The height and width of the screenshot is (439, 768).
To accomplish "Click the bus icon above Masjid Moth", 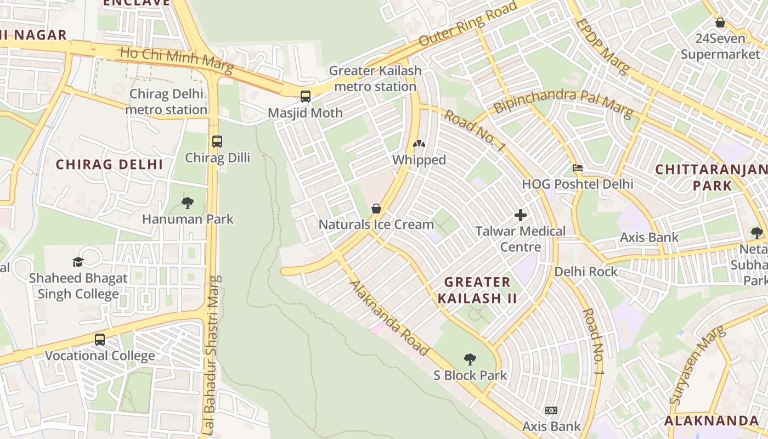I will click(306, 97).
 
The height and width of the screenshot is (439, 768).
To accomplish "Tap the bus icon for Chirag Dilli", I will click(217, 142).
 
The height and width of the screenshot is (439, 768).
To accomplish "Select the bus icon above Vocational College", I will click(100, 340).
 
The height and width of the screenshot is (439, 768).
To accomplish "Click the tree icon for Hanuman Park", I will click(188, 203).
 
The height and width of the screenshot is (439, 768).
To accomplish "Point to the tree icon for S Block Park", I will click(470, 360).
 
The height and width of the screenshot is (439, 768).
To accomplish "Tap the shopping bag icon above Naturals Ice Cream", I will click(376, 209).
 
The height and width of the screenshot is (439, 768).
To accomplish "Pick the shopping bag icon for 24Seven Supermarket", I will click(720, 23).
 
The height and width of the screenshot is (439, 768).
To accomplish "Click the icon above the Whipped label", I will click(419, 144).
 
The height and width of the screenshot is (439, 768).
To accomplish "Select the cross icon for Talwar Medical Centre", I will click(521, 215).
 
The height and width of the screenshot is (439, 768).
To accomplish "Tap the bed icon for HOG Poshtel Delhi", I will click(578, 168).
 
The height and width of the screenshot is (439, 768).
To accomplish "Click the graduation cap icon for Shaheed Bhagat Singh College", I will click(78, 262).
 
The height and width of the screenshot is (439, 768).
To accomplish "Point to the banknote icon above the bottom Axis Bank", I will click(551, 410).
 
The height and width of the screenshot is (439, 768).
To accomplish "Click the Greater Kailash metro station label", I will click(375, 78).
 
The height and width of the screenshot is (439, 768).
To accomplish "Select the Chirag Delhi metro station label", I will click(166, 102).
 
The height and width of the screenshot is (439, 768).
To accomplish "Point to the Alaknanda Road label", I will click(389, 318).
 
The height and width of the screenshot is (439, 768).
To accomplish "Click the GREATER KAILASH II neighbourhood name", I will click(477, 290).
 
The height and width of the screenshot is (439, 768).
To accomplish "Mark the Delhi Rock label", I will click(586, 272).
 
